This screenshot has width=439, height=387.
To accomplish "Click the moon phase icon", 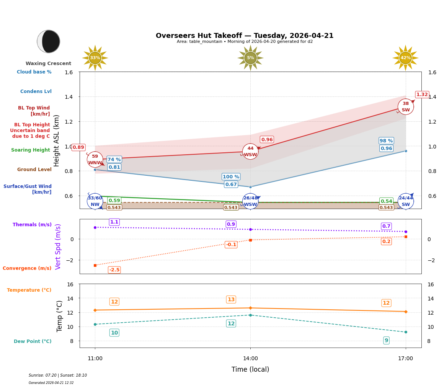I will click(x=49, y=41).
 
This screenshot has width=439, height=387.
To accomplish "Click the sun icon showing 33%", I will click(x=95, y=58).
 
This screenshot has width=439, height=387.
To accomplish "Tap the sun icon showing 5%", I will click(x=250, y=58).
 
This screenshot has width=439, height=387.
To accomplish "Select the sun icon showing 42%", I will click(x=405, y=58).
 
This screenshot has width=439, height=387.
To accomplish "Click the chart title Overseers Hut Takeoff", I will click(x=245, y=36).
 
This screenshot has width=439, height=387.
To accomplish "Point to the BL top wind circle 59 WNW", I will click(x=95, y=160).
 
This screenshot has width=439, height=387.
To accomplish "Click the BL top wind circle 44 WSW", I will click(x=250, y=152).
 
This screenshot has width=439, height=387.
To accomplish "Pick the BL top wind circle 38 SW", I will click(x=405, y=107).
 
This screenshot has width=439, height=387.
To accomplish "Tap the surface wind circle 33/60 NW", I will click(x=95, y=201).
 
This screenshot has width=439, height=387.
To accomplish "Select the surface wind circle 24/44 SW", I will click(x=405, y=201).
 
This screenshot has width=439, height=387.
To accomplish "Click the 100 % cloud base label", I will click(x=231, y=177).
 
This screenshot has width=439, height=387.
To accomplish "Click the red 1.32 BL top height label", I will click(x=422, y=95).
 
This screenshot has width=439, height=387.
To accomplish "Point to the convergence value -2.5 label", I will click(x=114, y=270).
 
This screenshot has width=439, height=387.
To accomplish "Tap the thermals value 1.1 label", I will click(x=114, y=222).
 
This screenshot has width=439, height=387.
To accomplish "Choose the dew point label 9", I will click(x=386, y=340).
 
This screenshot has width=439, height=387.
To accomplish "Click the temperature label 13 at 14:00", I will click(x=231, y=299).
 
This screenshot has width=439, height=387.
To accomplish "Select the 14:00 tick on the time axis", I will click(x=250, y=358).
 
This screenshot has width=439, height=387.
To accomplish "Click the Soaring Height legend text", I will click(x=31, y=150).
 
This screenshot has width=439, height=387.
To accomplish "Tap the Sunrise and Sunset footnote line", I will click(x=58, y=376).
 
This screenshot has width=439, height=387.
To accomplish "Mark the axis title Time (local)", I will click(x=250, y=369).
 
